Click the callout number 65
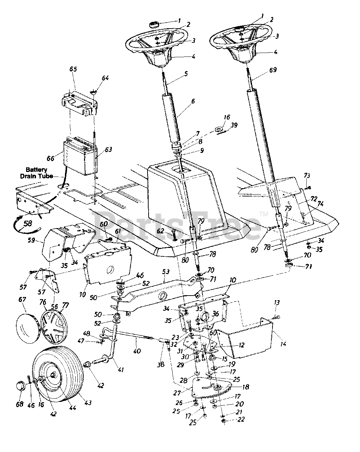click(x=73, y=69)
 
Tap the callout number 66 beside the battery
click(x=50, y=158)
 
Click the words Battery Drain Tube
click(x=36, y=173)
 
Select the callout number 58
click(x=28, y=223)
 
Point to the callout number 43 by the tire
click(x=88, y=403)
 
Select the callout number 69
click(x=273, y=70)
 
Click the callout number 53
click(x=166, y=272)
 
